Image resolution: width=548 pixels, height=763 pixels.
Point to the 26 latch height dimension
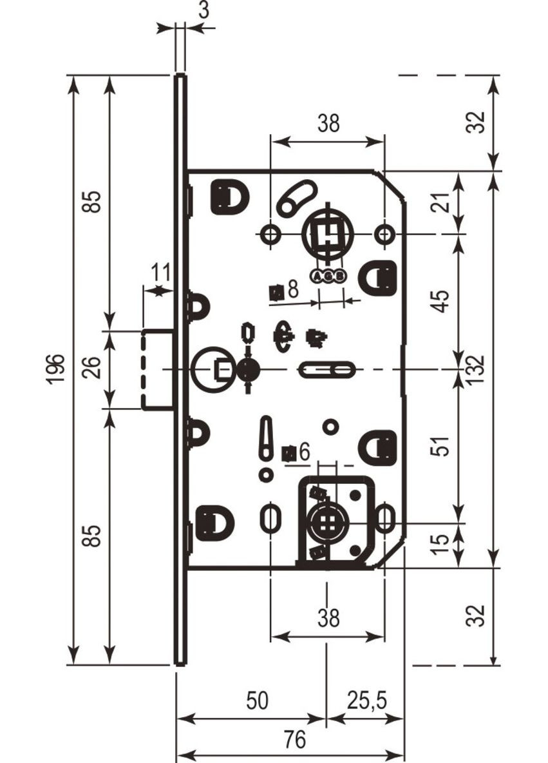click(94, 369)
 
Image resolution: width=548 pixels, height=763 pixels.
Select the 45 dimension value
click(441, 300)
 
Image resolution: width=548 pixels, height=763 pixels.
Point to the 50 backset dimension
click(257, 700)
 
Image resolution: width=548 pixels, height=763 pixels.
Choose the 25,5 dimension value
click(366, 700)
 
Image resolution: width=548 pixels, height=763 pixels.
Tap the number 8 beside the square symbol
click(293, 290)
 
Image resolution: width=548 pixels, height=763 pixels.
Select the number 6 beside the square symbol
click(305, 452)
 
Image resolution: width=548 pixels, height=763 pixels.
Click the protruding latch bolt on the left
click(157, 369)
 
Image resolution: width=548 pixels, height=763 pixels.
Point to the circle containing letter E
click(212, 369)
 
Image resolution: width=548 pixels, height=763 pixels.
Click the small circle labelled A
click(317, 276)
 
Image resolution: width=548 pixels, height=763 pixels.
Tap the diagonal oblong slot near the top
click(296, 198)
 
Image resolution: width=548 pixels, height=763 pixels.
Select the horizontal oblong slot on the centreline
click(326, 370)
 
